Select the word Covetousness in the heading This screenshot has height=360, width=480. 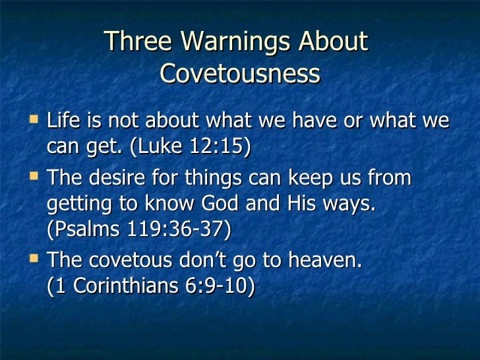[x=240, y=74]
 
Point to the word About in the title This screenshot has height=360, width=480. [x=333, y=42]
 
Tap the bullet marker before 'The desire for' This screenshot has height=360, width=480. [x=34, y=177]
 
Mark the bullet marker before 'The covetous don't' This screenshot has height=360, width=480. [x=34, y=258]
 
